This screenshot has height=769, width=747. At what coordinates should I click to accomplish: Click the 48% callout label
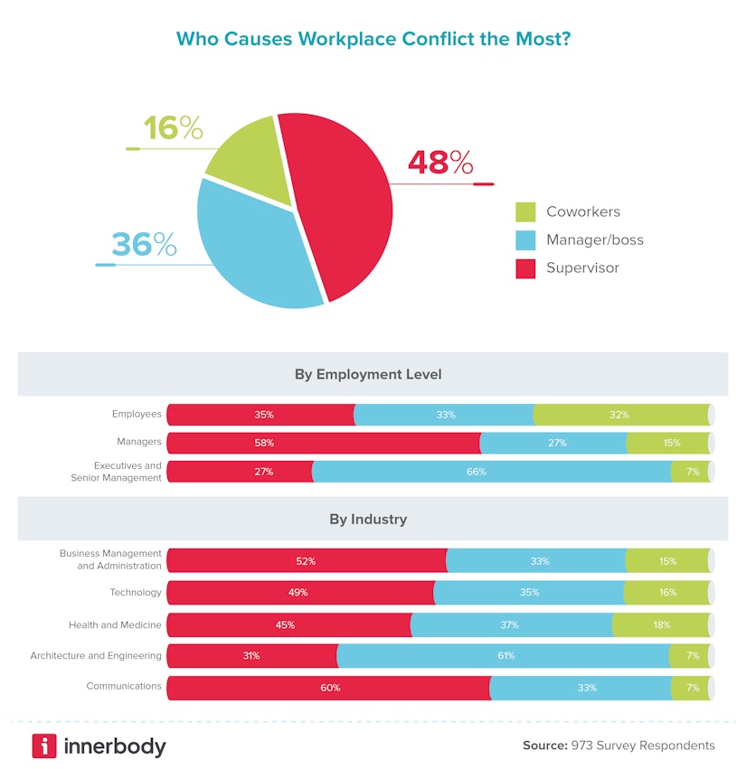click(440, 164)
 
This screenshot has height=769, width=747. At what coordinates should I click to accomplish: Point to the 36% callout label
click(144, 244)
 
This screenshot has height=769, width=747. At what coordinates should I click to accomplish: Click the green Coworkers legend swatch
click(525, 212)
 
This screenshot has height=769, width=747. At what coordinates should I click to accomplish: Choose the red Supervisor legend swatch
click(525, 268)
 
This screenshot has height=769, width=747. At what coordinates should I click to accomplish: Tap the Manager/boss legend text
click(594, 240)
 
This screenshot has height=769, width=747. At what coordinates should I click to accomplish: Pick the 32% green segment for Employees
click(620, 415)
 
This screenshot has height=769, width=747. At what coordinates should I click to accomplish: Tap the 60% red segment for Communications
click(328, 688)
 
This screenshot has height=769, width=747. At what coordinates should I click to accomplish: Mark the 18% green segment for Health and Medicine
click(660, 624)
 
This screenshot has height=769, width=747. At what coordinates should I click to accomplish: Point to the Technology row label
click(136, 593)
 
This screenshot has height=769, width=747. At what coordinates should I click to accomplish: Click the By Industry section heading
click(368, 520)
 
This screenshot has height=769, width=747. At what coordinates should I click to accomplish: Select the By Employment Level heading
click(368, 374)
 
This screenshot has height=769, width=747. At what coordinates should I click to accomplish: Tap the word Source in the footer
click(544, 746)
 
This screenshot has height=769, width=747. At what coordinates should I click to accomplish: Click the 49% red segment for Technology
click(299, 593)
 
